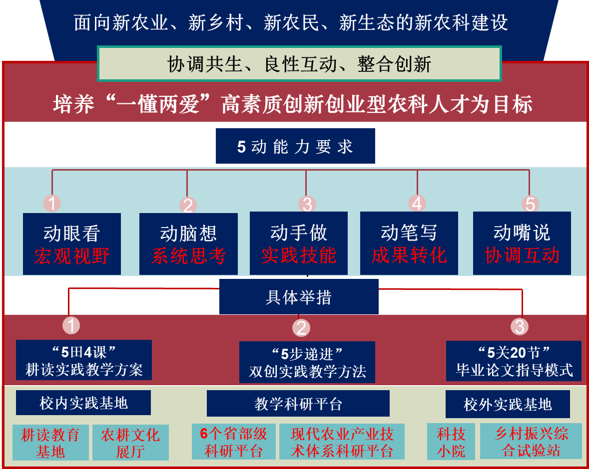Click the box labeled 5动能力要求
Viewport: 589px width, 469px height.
pos(295,146)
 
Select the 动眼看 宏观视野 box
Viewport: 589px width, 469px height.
pos(72,244)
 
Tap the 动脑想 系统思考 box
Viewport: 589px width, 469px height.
pos(188,244)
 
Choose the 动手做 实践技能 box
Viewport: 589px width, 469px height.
pos(299,243)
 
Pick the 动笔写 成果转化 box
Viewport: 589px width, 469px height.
pos(409,243)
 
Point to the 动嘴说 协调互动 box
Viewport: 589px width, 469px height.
pos(522,243)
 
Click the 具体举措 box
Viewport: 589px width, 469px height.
pos(299,296)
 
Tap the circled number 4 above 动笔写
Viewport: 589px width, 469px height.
pos(417,204)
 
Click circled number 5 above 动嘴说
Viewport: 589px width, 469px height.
pos(530,204)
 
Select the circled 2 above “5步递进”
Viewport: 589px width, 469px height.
pos(301,327)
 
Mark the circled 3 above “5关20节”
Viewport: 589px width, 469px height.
pos(520,326)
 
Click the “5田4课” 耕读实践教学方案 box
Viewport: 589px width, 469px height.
pos(84,360)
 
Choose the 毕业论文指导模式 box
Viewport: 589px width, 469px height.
pos(514,361)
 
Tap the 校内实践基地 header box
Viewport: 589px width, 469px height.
pos(83,403)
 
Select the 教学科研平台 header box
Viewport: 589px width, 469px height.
pos(298,403)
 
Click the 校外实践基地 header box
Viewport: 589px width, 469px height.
pos(508,404)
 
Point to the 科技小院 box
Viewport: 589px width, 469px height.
pos(451,442)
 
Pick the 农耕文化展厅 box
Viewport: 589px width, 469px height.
pos(130,443)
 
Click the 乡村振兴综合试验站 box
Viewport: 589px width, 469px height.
pos(531,441)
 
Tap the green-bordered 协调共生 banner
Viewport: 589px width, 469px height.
pos(299,63)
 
